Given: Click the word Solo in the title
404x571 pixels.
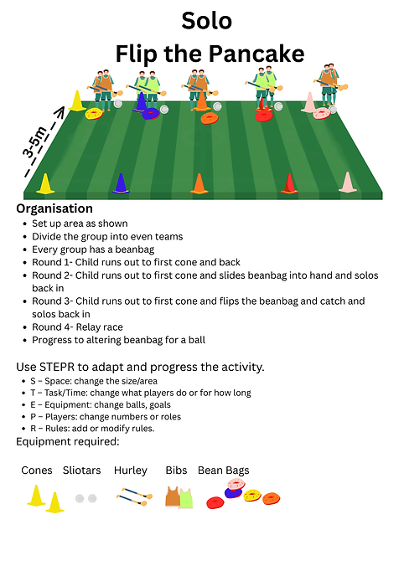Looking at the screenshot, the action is click(207, 21).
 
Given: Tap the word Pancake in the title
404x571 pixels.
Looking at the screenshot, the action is click(256, 54).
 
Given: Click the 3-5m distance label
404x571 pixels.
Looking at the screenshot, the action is click(35, 142).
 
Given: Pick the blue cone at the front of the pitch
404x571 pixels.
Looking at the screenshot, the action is click(121, 183).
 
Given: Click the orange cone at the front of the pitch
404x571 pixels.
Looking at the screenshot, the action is click(199, 183).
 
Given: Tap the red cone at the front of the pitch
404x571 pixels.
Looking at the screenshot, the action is click(289, 183).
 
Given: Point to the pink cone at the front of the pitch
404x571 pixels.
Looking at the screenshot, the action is click(348, 182).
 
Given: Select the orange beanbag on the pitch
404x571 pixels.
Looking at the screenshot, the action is click(210, 118).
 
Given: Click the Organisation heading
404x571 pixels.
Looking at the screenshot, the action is click(54, 208).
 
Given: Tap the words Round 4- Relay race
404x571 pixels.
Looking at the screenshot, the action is click(77, 327).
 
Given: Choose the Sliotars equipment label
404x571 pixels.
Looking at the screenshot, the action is click(81, 471).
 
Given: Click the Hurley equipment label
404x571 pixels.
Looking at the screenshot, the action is click(131, 471).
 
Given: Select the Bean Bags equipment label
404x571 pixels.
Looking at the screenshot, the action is click(224, 471).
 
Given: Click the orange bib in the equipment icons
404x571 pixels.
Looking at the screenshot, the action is click(173, 496).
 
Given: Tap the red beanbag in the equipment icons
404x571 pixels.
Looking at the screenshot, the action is click(215, 503).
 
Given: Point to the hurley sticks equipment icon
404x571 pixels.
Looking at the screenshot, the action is click(135, 496).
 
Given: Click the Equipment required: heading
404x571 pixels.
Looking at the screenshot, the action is click(68, 442).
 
